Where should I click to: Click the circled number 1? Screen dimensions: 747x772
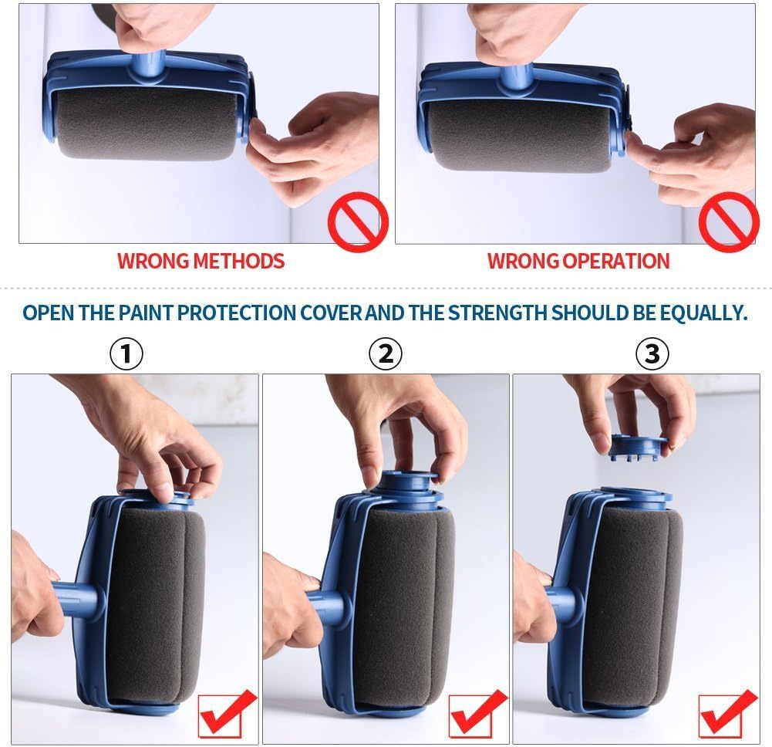(x=126, y=354)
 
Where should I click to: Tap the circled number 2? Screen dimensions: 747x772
(x=386, y=354)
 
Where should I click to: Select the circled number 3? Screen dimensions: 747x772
(x=652, y=354)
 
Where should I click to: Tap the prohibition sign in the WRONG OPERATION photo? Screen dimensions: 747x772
(x=728, y=222)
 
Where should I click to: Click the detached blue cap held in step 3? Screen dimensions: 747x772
(x=638, y=447)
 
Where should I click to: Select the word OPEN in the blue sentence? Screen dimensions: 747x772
(x=45, y=313)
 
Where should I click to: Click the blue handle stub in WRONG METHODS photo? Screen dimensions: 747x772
(x=150, y=66)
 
